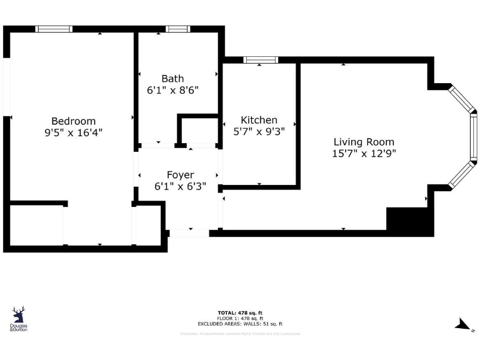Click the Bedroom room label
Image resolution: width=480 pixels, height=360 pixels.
point(73,121)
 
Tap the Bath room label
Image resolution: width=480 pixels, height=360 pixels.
point(172,79)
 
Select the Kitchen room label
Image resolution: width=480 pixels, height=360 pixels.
point(259,120)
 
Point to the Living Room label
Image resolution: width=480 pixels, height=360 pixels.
point(364,142)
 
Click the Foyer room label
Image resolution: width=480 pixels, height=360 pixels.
point(180,175)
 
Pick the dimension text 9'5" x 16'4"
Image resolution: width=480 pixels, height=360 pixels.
point(73,132)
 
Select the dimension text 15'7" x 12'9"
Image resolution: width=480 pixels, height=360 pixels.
point(364,153)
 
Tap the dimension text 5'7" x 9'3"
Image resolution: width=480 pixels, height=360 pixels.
point(259,131)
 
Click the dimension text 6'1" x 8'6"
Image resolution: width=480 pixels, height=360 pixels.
point(172,90)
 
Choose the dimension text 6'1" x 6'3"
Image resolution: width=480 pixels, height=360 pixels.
point(180,186)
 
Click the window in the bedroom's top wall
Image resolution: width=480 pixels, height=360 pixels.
point(54,29)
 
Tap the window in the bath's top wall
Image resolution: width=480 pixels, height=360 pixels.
point(177,29)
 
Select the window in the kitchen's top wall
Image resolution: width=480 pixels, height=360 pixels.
point(261,60)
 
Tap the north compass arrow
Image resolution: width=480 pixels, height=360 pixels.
point(463,324)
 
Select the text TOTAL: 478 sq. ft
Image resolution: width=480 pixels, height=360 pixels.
point(240,312)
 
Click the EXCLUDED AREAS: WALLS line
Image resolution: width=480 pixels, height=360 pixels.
point(240,324)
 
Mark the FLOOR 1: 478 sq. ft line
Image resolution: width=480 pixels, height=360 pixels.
point(240,318)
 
